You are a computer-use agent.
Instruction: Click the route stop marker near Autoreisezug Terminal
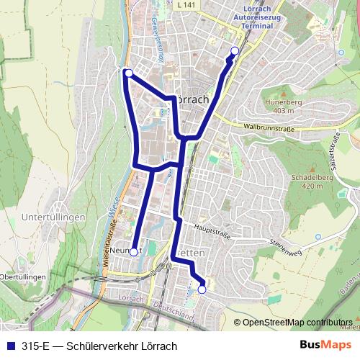235,50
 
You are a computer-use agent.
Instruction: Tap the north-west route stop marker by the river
127,73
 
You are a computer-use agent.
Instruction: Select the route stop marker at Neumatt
133,252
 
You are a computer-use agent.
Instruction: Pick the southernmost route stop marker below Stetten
202,289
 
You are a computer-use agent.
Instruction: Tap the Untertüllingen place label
53,217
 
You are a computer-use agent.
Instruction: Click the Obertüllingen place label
23,276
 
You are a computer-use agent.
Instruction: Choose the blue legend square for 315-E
10,346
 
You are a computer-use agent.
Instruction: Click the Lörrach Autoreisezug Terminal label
253,17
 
